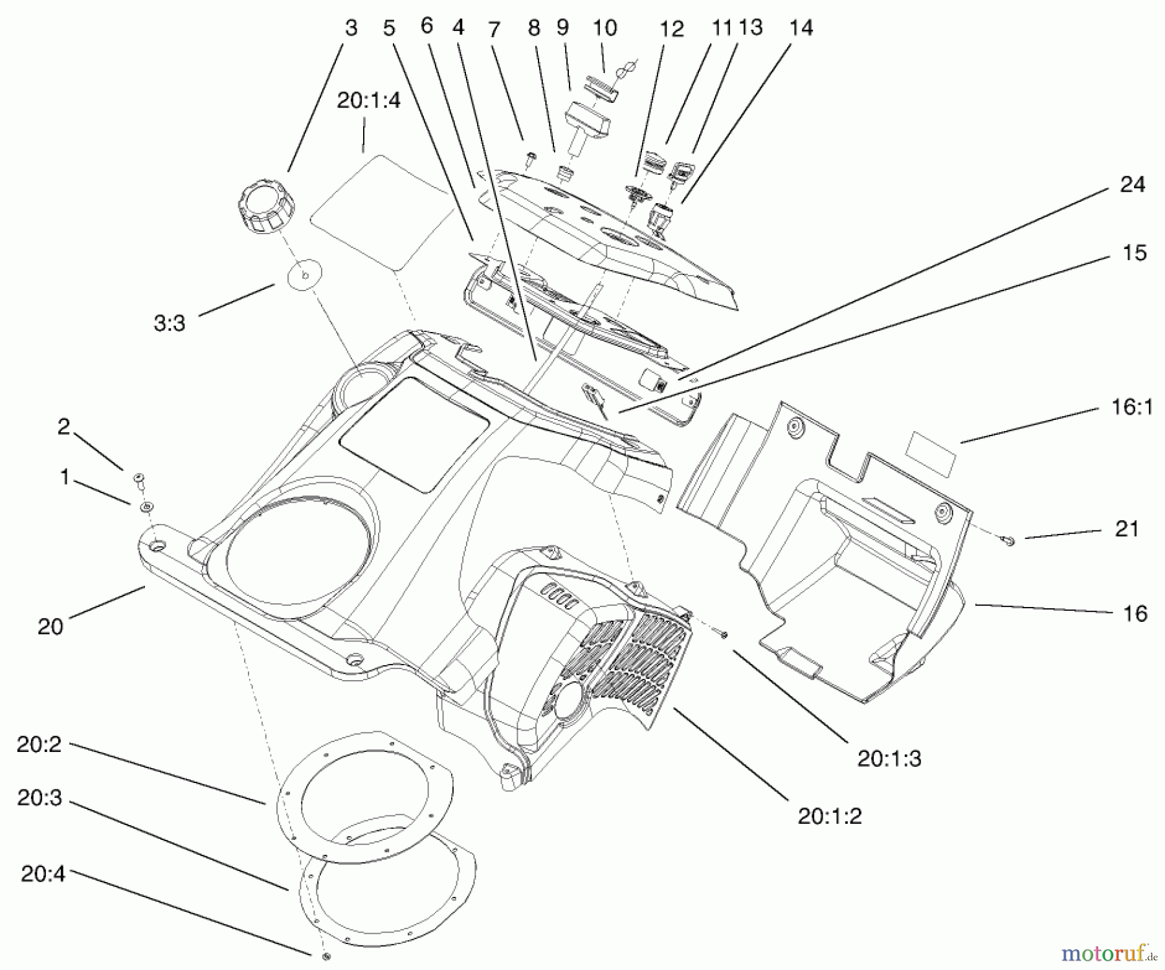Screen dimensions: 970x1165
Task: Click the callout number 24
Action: pos(1132,185)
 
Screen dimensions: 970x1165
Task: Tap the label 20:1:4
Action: pos(368,100)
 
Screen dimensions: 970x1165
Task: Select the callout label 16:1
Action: pos(1131,407)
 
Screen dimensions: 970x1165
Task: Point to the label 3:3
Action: pos(170,323)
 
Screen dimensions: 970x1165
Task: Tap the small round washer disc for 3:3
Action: pos(305,275)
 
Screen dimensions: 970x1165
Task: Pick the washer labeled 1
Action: pos(147,506)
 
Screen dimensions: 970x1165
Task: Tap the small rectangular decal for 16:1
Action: pos(931,453)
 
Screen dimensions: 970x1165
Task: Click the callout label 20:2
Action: pos(39,745)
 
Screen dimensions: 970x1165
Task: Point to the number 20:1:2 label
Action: pos(829,817)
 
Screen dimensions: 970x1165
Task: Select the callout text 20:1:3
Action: pos(889,758)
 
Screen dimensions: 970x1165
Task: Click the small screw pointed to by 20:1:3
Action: pos(724,635)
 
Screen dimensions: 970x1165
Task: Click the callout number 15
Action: pos(1134,253)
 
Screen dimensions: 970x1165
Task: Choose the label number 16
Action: pos(1135,613)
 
